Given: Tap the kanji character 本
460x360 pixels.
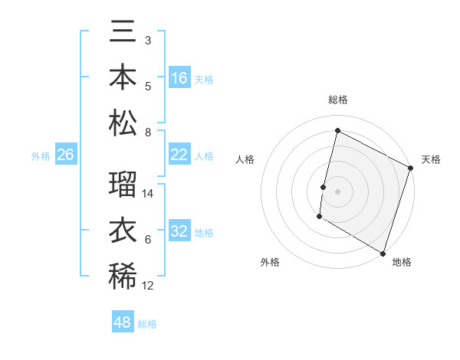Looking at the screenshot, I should click(x=123, y=80).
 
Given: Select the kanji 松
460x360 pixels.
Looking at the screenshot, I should click(x=123, y=123).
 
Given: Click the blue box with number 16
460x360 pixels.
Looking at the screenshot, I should click(x=179, y=78).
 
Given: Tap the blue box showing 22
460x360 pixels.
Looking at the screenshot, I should click(x=179, y=155).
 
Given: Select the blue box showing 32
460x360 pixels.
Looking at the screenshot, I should click(x=179, y=232).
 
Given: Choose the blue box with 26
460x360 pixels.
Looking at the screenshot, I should click(x=66, y=155).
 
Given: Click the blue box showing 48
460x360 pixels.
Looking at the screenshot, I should click(x=123, y=322).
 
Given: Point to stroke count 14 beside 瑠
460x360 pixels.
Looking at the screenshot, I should click(x=149, y=194).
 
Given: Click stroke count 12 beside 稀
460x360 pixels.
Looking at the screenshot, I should click(x=149, y=286).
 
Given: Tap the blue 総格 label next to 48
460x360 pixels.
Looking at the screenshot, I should click(x=147, y=324).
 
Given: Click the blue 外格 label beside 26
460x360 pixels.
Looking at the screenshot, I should click(x=41, y=156).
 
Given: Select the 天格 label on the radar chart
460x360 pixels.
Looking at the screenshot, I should click(x=431, y=159).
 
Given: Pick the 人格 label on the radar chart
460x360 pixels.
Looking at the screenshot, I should click(x=245, y=159).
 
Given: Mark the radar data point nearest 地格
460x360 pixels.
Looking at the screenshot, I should click(x=383, y=253).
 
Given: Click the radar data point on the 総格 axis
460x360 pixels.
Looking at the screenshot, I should click(x=337, y=131).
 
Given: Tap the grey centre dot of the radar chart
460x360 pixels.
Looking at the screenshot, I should click(x=337, y=190).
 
